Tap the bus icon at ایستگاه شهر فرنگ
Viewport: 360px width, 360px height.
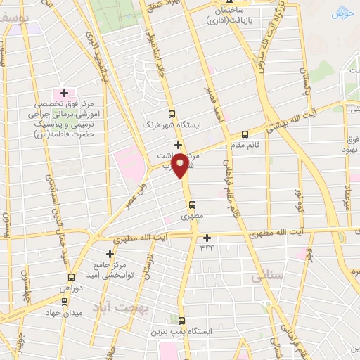[172, 113]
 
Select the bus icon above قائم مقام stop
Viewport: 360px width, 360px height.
[245, 135]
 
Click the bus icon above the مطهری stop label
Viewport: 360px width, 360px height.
[192, 205]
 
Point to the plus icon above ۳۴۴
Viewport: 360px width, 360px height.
[207, 238]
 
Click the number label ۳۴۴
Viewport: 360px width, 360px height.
[207, 247]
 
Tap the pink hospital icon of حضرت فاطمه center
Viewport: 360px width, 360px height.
[64, 93]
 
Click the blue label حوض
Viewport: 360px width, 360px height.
[342, 13]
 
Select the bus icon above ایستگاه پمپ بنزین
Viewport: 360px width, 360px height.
[181, 321]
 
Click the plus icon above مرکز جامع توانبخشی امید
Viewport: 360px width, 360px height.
[109, 254]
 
